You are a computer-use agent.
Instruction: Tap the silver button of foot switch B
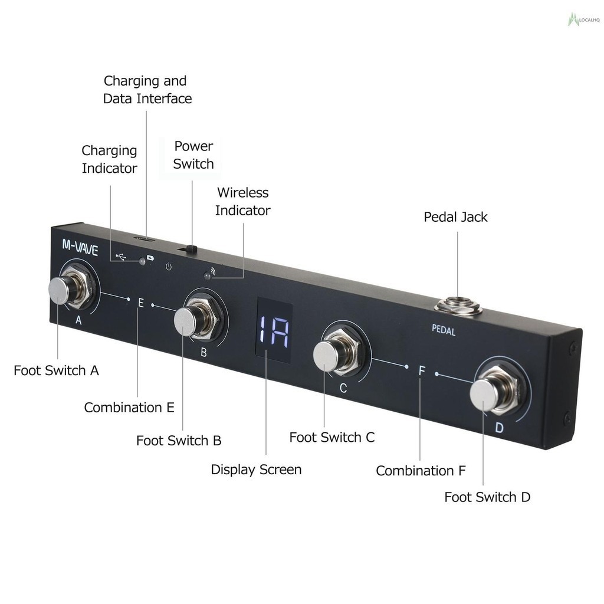click(x=186, y=321)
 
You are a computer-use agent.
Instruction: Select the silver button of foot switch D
click(x=484, y=393)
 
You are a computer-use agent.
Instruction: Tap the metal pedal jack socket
click(x=458, y=306)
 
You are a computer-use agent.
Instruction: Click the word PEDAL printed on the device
click(x=443, y=330)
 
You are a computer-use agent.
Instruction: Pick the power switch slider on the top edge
click(x=190, y=250)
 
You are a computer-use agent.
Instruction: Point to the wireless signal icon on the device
click(x=213, y=272)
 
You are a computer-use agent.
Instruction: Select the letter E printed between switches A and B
click(x=140, y=303)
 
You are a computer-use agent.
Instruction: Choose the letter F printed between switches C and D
click(x=422, y=370)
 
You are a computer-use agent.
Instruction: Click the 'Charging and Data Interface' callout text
click(x=147, y=90)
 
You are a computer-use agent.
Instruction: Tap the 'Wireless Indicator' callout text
click(x=242, y=201)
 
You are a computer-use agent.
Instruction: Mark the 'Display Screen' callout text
click(x=256, y=470)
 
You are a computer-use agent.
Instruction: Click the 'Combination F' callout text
click(x=421, y=471)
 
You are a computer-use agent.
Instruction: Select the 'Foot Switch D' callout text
click(x=487, y=497)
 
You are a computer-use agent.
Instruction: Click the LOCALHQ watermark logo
click(x=583, y=20)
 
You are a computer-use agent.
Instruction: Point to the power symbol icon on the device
click(x=169, y=267)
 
